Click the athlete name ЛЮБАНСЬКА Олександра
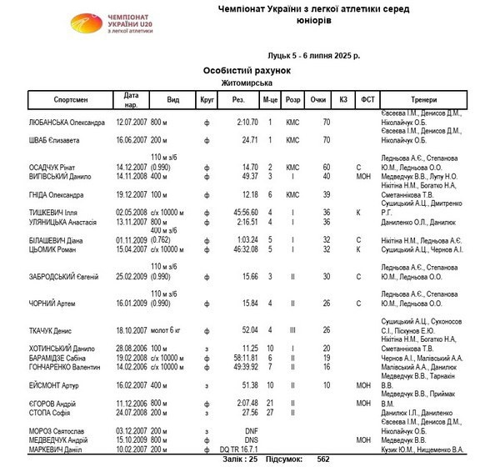click(x=55, y=123)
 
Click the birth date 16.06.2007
click(x=130, y=140)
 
